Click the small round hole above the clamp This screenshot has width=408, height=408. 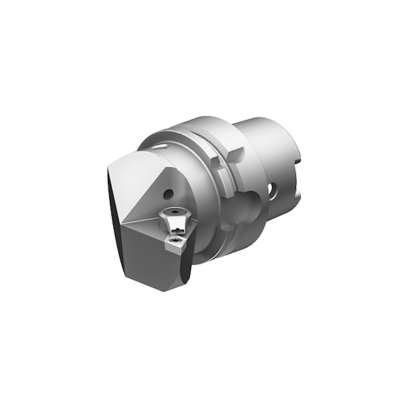(171, 193)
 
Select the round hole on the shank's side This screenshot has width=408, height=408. (272, 189)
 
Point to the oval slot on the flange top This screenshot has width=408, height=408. (164, 147)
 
